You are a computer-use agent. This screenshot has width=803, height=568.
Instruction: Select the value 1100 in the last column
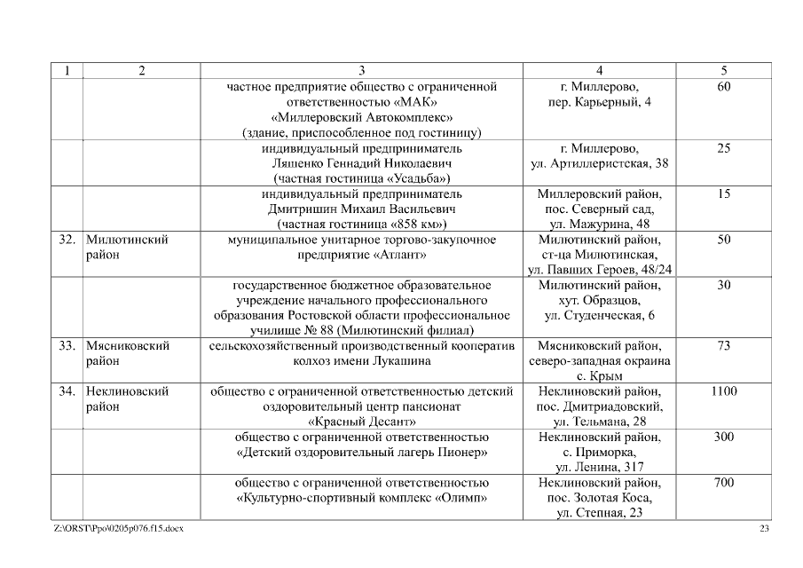[723, 391]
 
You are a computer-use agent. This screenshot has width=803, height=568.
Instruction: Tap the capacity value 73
[723, 345]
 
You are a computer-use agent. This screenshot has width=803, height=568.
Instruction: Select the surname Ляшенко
[296, 164]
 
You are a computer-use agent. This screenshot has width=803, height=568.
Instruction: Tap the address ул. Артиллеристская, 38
[599, 164]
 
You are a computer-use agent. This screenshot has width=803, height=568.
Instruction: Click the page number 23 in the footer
[765, 529]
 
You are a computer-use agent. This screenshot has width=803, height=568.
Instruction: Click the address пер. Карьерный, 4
[599, 102]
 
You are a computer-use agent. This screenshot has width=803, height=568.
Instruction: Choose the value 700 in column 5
[723, 483]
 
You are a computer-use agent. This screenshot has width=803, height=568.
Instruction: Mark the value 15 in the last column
[723, 193]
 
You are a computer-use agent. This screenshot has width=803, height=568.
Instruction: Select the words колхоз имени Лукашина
[361, 361]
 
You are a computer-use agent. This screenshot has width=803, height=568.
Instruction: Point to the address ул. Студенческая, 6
[599, 316]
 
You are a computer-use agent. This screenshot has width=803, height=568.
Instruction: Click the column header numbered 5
[723, 71]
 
